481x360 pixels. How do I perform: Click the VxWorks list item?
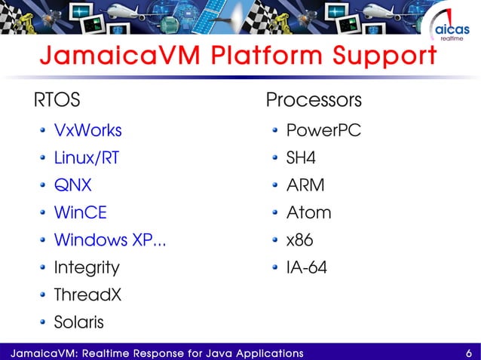click(87, 130)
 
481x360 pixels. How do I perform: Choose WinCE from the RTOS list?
click(80, 212)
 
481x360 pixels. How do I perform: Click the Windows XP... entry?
click(110, 240)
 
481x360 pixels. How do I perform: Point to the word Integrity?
click(86, 267)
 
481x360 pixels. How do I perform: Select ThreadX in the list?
click(87, 294)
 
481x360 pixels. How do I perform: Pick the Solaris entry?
click(79, 322)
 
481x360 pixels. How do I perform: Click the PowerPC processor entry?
click(323, 130)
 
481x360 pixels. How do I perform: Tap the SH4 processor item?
click(301, 158)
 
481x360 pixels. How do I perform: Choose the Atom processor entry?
click(308, 212)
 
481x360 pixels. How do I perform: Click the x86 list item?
click(299, 240)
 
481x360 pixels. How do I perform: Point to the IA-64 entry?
click(307, 267)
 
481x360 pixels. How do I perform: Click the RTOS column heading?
click(55, 100)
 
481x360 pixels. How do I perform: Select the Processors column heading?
click(314, 100)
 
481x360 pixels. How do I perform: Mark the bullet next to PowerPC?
click(277, 131)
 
